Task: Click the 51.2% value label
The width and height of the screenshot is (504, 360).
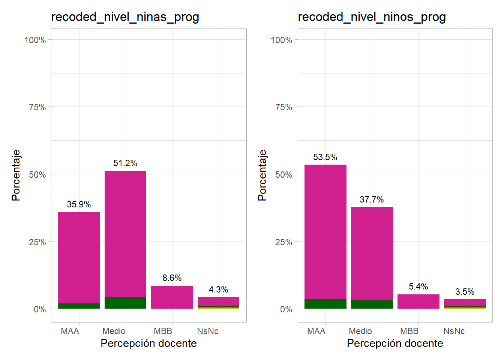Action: point(125,163)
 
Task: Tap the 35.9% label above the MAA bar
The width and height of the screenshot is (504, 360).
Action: point(79,204)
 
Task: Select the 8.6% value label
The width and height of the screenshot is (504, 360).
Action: point(172,278)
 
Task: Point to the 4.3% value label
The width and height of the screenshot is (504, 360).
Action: point(218,289)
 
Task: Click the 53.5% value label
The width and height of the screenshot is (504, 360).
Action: point(325,157)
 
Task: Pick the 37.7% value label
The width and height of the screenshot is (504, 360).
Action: point(372,199)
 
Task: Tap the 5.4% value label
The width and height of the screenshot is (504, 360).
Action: point(418,286)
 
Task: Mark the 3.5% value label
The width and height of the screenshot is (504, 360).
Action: point(465,292)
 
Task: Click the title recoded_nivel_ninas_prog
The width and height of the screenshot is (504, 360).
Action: point(125,17)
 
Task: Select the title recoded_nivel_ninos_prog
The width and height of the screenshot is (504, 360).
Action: point(372,17)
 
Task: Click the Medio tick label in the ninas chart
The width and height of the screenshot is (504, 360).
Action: point(114,331)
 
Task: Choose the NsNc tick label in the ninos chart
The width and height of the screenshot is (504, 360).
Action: point(454,331)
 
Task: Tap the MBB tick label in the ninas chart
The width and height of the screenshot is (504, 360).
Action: point(163,331)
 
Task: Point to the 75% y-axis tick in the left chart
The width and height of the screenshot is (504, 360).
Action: point(37,107)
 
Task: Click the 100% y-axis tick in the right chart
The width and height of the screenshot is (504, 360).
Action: point(281,40)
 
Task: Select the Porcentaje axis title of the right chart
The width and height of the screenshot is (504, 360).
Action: point(262,175)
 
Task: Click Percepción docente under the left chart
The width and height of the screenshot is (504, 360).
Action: point(148,343)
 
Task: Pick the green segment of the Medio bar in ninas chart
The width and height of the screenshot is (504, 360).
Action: point(125,303)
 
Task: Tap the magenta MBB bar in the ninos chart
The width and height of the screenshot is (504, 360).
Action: point(418,301)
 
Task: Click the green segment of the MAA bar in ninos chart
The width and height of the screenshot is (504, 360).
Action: point(325,304)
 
